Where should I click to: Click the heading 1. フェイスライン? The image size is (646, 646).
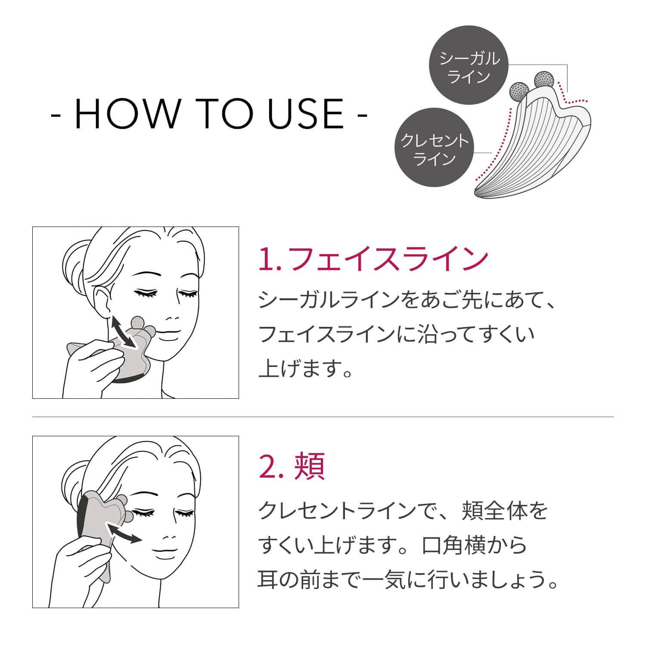coord(373,259)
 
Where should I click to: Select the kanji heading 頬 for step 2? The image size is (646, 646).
coord(309,467)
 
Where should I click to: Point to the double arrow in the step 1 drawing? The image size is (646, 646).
coord(123,332)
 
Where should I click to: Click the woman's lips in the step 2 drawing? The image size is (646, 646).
coord(166,552)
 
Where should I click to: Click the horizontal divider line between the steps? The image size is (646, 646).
coord(323,417)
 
